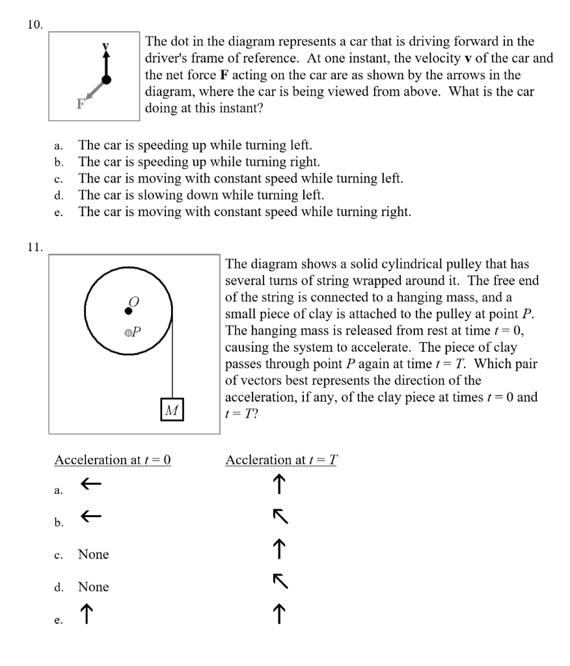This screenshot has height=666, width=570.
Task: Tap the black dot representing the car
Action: (x=107, y=79)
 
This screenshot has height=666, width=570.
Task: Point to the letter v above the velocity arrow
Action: (x=104, y=46)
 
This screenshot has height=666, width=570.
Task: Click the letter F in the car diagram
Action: (x=79, y=104)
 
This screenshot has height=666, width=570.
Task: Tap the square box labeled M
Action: (x=172, y=410)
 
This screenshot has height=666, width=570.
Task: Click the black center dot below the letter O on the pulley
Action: (x=129, y=311)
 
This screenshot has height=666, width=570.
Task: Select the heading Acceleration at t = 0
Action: (x=112, y=460)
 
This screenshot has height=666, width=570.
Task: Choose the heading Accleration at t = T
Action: (x=281, y=460)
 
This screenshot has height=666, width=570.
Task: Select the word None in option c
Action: (x=93, y=555)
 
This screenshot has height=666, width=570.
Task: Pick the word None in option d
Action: (x=93, y=587)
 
